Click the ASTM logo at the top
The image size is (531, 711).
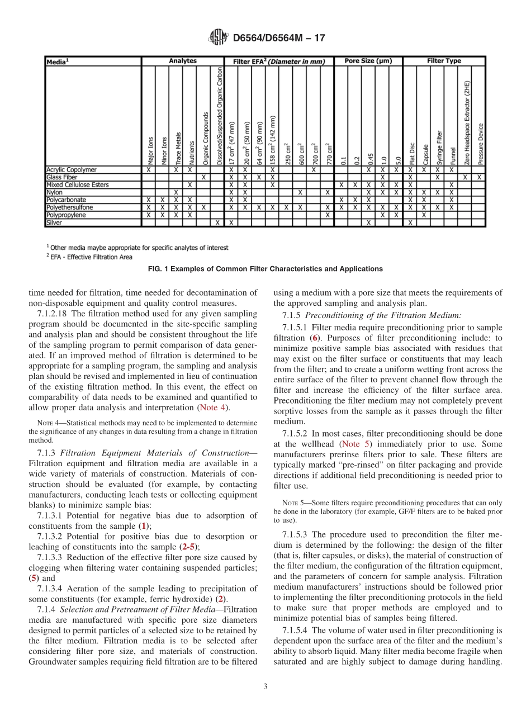217,39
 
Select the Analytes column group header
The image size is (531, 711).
183,61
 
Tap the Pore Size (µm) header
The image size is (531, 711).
368,61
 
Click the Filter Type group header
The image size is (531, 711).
444,61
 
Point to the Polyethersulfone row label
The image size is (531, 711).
70,207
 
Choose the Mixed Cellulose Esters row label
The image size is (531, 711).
77,184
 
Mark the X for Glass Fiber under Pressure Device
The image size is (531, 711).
479,177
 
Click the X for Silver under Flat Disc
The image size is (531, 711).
410,222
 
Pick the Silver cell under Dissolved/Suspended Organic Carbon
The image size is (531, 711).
217,222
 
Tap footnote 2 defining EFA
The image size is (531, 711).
89,257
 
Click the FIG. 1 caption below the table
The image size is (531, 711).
265,269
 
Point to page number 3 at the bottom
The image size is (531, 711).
265,687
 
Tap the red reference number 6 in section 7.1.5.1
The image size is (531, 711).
315,338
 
